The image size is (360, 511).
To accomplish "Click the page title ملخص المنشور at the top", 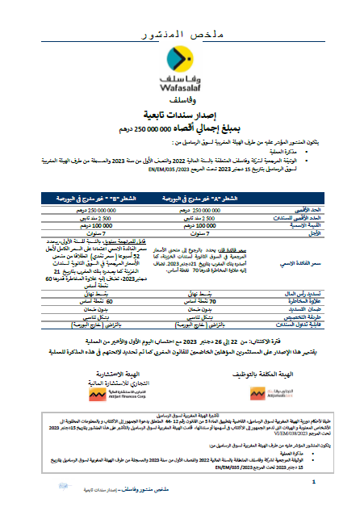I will coord(179,36).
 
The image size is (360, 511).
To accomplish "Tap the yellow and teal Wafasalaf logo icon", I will coord(179,61).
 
